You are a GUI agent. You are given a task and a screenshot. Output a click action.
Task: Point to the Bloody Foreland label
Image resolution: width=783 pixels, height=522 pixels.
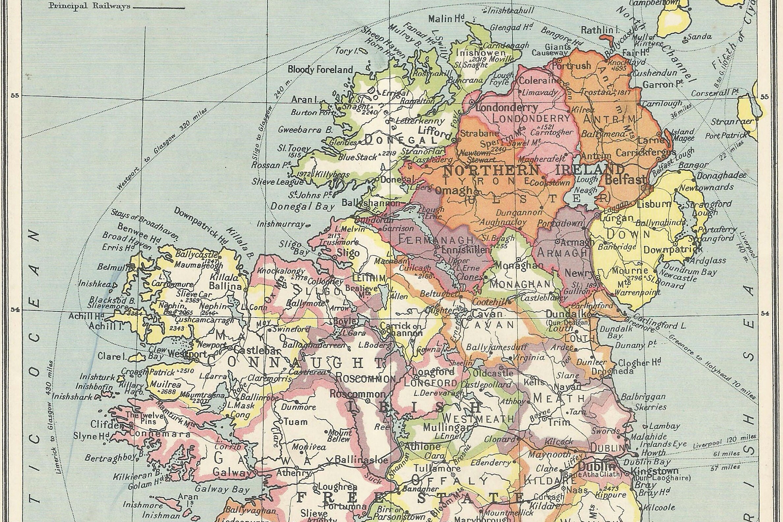320,70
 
